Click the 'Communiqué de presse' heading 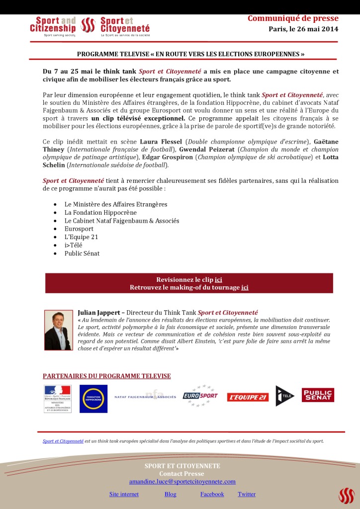(293, 19)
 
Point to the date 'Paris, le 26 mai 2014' (303, 29)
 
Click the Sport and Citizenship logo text (53, 25)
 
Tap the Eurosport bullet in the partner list (79, 229)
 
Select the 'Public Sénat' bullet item (82, 253)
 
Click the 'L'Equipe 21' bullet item (81, 237)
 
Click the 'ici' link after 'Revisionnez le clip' (218, 280)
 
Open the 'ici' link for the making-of (245, 287)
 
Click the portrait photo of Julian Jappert (58, 330)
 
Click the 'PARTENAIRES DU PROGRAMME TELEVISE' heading (107, 376)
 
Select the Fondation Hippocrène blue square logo (93, 399)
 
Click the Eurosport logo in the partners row (200, 396)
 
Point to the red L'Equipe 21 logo (248, 397)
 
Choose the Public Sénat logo (318, 395)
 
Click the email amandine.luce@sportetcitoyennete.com (182, 481)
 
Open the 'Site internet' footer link (124, 494)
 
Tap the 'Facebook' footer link (212, 494)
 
